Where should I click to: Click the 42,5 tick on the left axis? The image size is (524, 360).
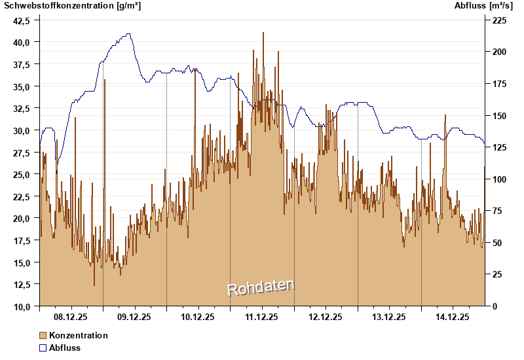[x=22, y=20]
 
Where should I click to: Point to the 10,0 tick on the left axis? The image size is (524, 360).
[x=22, y=306]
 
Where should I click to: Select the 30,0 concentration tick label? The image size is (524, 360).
[x=22, y=130]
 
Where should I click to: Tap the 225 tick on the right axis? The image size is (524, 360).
[x=500, y=20]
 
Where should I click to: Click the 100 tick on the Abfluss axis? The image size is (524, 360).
[x=500, y=179]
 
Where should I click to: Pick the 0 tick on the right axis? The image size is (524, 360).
[x=495, y=306]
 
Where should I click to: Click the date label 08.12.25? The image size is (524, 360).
[x=71, y=317]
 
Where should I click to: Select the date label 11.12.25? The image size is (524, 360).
[x=262, y=317]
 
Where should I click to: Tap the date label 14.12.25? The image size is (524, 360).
[x=453, y=317]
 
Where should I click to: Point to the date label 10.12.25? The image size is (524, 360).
[x=198, y=317]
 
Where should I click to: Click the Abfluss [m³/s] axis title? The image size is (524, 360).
[x=484, y=6]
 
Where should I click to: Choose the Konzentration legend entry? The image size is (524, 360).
[x=79, y=335]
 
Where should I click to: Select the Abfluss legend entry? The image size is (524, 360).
[x=65, y=348]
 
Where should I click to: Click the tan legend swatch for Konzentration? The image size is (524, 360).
[x=43, y=335]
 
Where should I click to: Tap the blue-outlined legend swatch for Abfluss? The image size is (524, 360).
[x=43, y=348]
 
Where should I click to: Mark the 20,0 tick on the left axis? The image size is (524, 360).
[x=22, y=219]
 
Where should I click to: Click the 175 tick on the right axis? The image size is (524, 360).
[x=500, y=84]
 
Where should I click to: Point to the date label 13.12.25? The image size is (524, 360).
[x=389, y=317]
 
